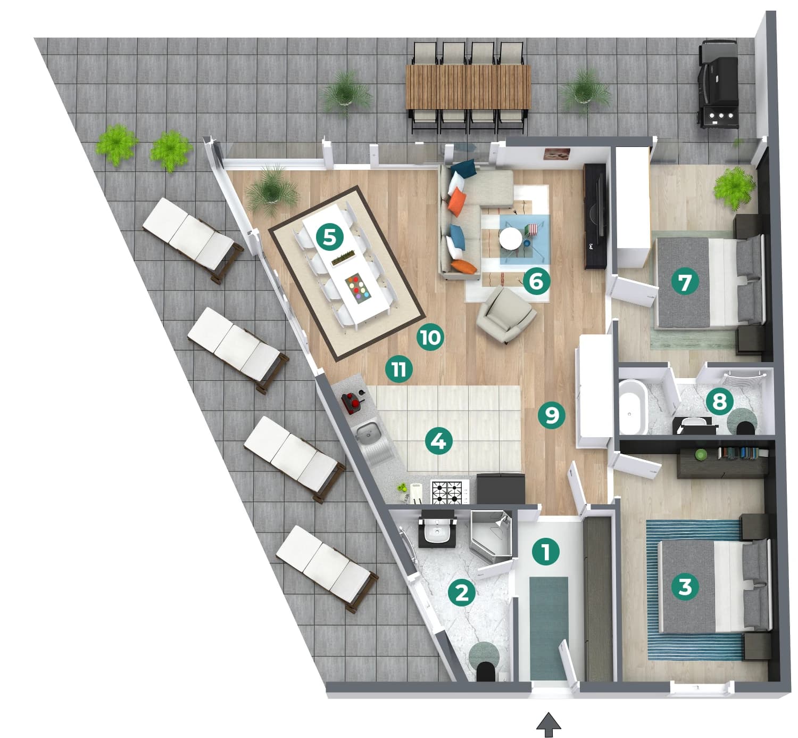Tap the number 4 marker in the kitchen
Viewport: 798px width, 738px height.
click(x=438, y=441)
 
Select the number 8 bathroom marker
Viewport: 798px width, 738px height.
click(x=719, y=401)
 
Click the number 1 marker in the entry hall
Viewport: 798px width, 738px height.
click(x=546, y=552)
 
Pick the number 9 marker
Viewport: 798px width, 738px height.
click(x=551, y=415)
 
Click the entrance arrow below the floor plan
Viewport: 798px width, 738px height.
click(x=548, y=724)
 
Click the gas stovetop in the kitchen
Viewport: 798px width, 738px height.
click(x=450, y=491)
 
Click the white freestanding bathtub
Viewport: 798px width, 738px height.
click(x=633, y=407)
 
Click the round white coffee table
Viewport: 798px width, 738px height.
click(x=510, y=238)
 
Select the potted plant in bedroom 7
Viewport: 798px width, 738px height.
click(x=735, y=187)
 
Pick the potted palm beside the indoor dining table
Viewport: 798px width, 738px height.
click(x=272, y=191)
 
